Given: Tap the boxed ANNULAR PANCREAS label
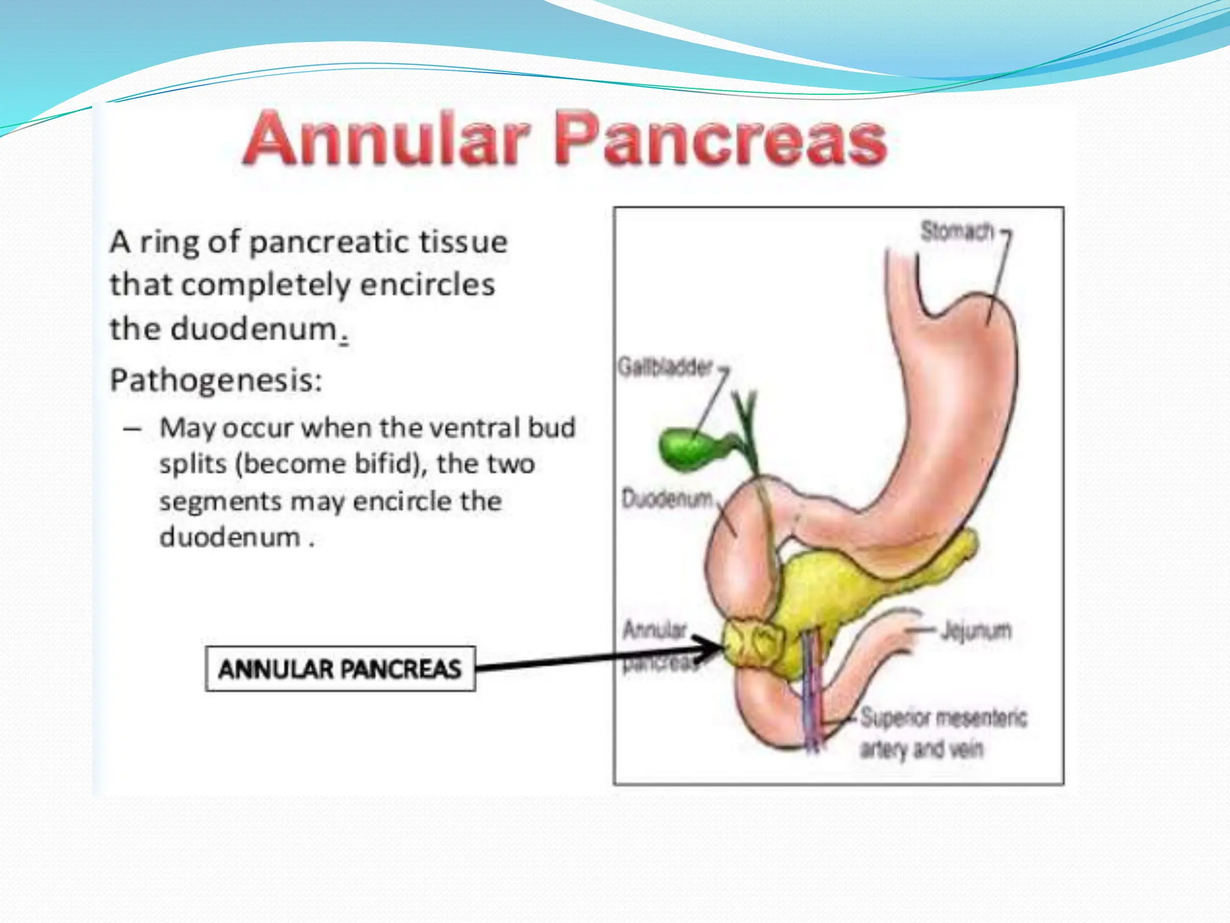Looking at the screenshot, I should point(340,669).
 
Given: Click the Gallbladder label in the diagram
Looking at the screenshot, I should point(665,367).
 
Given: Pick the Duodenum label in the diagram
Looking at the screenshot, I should point(667,499).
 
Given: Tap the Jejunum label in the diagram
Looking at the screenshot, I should point(977,630).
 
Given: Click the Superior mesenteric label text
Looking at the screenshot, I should point(944,717).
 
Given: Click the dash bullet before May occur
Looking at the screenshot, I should point(132,429).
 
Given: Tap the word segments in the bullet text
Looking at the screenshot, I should point(220,501).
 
